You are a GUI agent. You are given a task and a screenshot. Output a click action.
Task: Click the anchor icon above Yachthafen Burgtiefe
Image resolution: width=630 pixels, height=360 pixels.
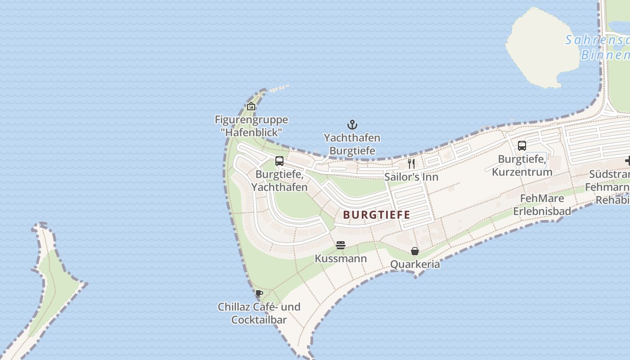point(352,125)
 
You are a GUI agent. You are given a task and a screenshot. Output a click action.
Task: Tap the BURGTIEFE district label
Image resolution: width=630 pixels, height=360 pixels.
point(377,215)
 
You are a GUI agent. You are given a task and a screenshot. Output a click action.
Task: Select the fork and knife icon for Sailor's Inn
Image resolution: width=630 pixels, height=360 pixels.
point(411,163)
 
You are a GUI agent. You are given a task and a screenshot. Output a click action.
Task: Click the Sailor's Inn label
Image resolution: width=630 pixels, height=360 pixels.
point(411,177)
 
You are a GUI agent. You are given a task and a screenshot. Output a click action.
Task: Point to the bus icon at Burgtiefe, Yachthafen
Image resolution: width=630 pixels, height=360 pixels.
point(279,161)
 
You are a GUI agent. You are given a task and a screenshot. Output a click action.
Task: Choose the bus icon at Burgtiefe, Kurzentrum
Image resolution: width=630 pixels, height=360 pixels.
point(522,146)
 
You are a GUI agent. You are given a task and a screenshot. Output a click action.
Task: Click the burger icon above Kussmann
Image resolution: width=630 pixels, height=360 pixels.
point(341,245)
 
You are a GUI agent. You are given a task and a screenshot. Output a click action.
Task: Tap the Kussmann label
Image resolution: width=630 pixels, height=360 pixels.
point(341,259)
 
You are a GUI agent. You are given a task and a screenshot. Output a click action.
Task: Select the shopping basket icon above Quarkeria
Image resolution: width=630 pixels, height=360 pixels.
point(415,251)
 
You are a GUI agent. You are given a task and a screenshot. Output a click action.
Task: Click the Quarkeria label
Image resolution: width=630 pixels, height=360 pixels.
point(415,264)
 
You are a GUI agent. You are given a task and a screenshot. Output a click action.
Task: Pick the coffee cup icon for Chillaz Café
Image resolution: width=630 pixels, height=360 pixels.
point(259,293)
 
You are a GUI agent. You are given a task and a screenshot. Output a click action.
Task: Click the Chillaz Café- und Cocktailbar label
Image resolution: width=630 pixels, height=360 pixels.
point(259,313)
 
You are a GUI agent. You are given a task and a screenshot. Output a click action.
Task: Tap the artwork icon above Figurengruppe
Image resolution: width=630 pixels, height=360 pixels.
point(251,106)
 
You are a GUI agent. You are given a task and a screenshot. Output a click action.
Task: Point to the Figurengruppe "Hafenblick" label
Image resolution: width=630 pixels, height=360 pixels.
point(251,126)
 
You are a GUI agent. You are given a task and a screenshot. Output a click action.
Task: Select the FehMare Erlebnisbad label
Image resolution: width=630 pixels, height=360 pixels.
point(542,205)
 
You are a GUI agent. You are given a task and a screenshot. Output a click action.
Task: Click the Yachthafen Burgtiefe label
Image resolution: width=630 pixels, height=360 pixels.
point(352,144)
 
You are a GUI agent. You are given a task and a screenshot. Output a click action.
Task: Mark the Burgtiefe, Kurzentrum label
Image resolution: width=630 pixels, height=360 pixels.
point(522,166)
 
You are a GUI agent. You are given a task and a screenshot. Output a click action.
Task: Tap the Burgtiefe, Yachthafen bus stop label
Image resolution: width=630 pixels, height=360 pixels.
point(279,180)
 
